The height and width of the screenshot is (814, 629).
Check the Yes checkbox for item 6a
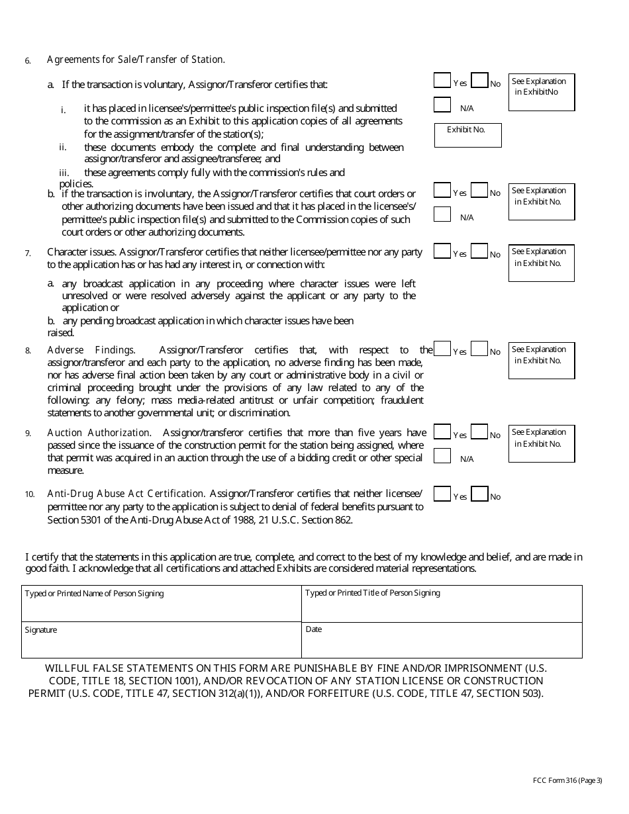click(442, 80)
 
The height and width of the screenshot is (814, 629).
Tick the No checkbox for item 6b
click(479, 190)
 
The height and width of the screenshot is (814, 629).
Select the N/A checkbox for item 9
click(442, 456)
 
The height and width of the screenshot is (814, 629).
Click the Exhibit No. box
click(468, 135)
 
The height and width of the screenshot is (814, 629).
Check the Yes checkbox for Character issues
click(442, 251)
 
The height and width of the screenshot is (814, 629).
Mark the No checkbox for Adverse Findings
click(479, 349)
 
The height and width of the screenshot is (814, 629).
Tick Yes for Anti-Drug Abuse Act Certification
click(442, 494)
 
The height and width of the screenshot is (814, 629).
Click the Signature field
click(162, 640)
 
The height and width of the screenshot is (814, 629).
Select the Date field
click(442, 640)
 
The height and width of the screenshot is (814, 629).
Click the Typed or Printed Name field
click(162, 604)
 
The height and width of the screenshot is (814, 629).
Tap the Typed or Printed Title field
click(442, 604)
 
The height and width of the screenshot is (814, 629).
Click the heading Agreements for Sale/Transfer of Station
click(136, 60)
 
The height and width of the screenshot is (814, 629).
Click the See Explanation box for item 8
click(542, 360)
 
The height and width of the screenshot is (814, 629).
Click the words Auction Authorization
click(99, 433)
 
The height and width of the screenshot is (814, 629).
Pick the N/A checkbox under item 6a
click(442, 105)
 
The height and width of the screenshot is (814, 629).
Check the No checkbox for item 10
click(479, 494)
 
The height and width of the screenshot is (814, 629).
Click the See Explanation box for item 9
click(542, 443)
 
